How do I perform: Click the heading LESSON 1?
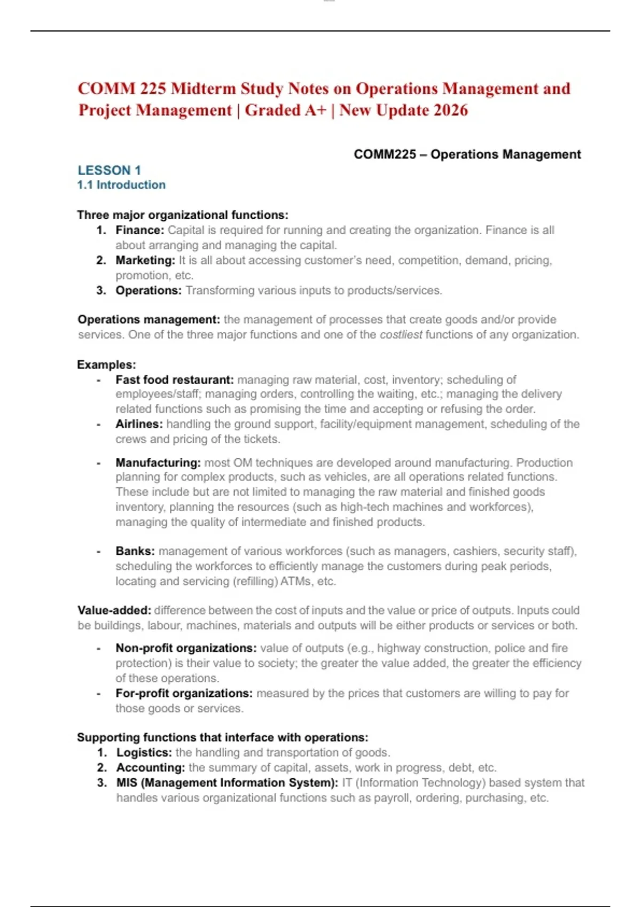pos(109,170)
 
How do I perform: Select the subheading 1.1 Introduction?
pos(121,185)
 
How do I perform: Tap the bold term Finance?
pos(139,230)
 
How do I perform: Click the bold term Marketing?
pos(145,260)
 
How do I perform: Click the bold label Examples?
pos(106,365)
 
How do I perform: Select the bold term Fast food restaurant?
pos(175,380)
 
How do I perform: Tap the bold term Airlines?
pos(139,424)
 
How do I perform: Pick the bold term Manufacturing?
pos(158,463)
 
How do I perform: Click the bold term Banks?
pos(135,551)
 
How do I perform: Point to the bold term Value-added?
pos(114,610)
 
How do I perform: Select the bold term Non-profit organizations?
pos(186,648)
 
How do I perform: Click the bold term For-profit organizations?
pos(184,694)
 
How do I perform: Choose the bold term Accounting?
pos(151,768)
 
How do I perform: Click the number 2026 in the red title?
pos(450,110)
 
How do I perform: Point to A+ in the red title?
pos(315,110)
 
